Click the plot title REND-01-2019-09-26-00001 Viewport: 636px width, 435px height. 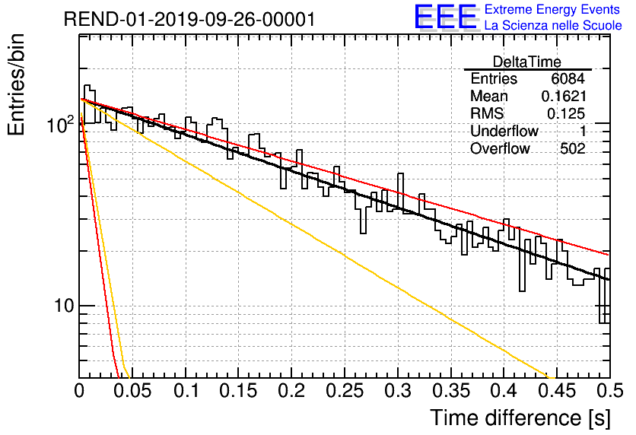click(x=189, y=19)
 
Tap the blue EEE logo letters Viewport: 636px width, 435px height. click(x=445, y=17)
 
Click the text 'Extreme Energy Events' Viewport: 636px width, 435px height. click(x=552, y=9)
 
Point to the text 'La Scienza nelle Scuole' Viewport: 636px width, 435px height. click(x=553, y=25)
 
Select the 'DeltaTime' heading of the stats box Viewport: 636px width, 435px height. click(x=527, y=62)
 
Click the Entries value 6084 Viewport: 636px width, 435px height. click(x=568, y=78)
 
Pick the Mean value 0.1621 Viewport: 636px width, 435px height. click(x=564, y=96)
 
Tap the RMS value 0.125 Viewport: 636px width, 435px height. click(x=566, y=113)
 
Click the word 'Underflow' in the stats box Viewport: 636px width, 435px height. click(x=504, y=131)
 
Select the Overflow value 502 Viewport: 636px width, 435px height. click(x=573, y=149)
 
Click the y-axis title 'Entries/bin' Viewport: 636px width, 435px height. click(x=16, y=85)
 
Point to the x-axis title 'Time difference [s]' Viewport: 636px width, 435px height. click(x=520, y=418)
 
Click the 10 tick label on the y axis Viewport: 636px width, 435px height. click(x=64, y=305)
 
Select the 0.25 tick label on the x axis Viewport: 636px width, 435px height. click(x=345, y=391)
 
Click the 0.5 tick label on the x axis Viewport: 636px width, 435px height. click(x=610, y=391)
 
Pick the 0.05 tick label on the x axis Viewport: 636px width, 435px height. click(x=132, y=391)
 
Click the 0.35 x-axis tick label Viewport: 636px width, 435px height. click(x=451, y=391)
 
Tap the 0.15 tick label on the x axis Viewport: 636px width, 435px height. click(x=239, y=391)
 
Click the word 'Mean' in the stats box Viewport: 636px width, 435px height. click(x=488, y=96)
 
